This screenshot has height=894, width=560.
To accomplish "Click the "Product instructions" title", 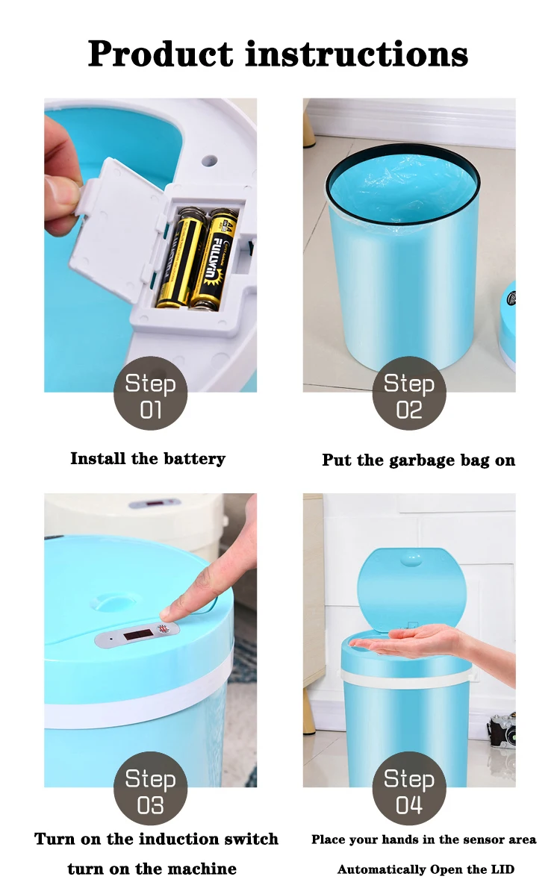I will coord(278,53).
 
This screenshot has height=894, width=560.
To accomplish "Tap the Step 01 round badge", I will coord(150,393).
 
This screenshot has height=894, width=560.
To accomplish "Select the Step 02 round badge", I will coord(409,393).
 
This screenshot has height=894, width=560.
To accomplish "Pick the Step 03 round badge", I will coord(150,789).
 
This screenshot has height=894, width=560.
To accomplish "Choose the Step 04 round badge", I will coord(409,789).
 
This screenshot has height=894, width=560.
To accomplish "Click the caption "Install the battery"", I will coord(148,458).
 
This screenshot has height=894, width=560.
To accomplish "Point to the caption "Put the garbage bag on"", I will coord(418,460).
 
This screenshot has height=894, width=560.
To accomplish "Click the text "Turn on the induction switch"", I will coord(156,839).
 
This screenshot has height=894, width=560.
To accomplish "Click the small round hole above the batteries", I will coord(210,161).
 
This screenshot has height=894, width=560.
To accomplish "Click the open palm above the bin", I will coord(407,640).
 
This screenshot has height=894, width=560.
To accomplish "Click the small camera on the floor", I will coord(503,731).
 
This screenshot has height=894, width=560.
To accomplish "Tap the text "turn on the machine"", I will coord(152,869).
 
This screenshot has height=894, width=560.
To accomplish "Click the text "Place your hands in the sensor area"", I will coord(423,840).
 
